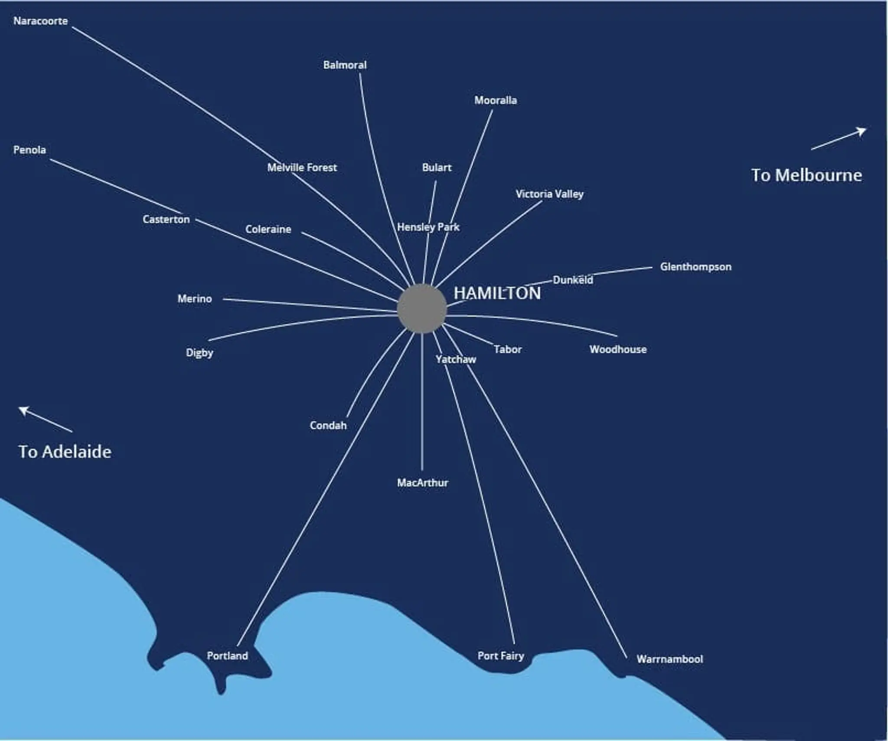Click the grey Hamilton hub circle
coord(421,308)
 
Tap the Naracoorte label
coord(40,21)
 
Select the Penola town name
coord(29,150)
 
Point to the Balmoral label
coord(345,65)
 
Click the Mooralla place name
coord(495,100)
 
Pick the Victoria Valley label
coord(549,194)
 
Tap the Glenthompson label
coord(695,266)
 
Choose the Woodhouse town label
coord(618,349)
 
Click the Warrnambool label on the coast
coord(669,659)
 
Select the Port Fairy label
coord(501,656)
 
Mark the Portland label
coord(227,656)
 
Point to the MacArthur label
coord(422,482)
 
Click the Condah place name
coord(328,425)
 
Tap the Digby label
coord(199,352)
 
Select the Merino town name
coord(195,298)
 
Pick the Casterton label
coord(166,219)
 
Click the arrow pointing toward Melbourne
coord(839,138)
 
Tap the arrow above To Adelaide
coord(45,419)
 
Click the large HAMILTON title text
coord(497,293)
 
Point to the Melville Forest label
coord(302,167)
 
